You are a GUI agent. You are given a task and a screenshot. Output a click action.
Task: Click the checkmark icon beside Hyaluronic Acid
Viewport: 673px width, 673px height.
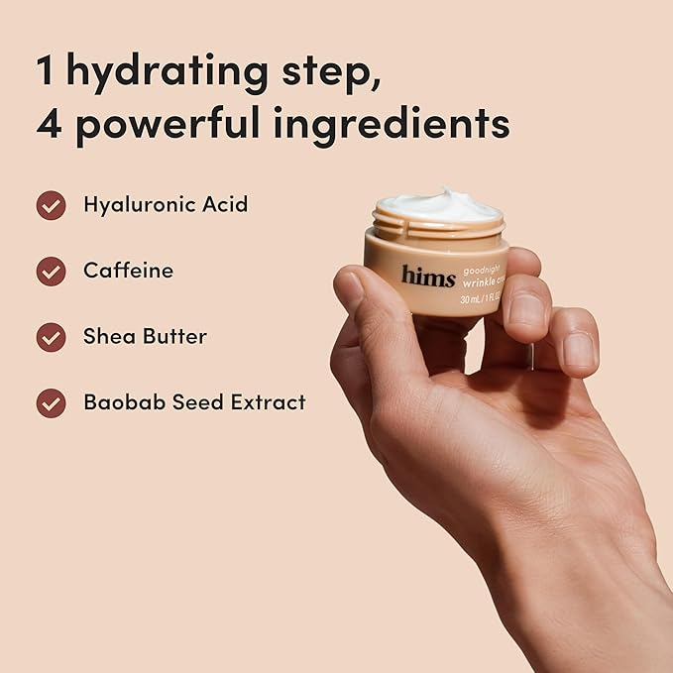[x=51, y=205]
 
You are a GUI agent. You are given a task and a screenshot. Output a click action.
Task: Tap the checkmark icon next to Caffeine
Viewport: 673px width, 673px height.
[x=51, y=271]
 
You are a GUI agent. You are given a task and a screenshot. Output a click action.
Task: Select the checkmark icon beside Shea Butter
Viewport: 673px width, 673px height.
[x=51, y=337]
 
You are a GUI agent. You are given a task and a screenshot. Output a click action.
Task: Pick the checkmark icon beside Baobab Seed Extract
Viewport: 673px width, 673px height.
[x=51, y=402]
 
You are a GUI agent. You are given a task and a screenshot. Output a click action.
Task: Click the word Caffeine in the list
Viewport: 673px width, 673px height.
[x=128, y=271]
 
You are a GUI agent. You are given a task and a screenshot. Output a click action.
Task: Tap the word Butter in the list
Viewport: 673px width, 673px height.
[x=174, y=337]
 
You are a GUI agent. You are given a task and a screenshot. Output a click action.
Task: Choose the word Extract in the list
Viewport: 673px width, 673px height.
[x=268, y=402]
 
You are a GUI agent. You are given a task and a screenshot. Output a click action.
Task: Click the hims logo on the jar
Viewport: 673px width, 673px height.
[x=428, y=275]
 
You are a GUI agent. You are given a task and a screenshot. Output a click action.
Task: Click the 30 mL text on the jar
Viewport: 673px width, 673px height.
[x=474, y=298]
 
